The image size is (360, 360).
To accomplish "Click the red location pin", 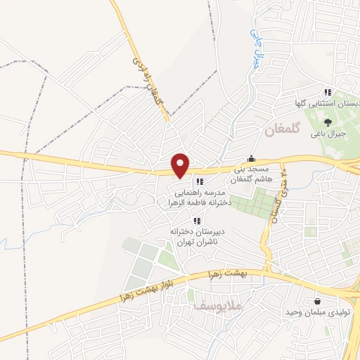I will [181, 165].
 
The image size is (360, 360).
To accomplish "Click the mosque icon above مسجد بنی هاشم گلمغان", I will [251, 158].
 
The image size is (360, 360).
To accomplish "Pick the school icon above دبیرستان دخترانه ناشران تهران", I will [195, 221].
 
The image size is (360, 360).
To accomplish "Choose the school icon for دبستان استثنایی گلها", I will [327, 92].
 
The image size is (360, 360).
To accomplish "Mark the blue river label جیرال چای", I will [258, 44].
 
